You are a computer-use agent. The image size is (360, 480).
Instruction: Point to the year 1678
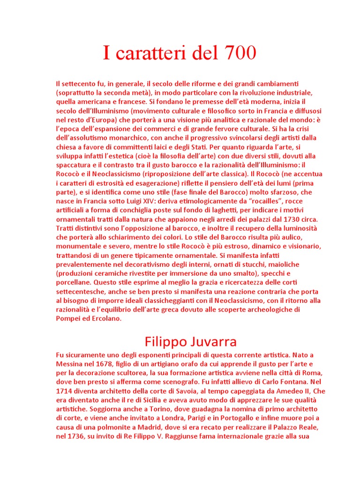click(x=103, y=364)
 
